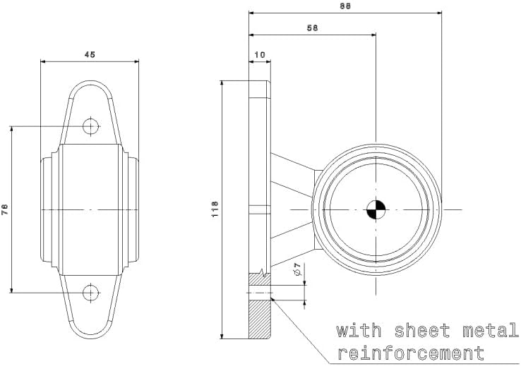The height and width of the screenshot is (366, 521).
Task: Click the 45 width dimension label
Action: [90, 54]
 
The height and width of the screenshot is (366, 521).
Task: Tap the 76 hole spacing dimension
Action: [5, 209]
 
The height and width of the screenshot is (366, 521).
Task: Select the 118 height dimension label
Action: [215, 209]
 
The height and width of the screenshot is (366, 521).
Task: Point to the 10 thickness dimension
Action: [260, 54]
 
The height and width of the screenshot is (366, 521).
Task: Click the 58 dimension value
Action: [312, 28]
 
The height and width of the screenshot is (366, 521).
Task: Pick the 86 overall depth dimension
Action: [345, 6]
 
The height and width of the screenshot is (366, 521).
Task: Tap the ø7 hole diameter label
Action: [298, 269]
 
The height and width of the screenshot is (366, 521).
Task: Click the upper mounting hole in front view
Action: [91, 126]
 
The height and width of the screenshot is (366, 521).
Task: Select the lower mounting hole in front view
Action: [91, 293]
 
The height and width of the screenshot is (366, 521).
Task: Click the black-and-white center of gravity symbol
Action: [376, 209]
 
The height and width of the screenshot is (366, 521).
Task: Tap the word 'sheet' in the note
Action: [422, 331]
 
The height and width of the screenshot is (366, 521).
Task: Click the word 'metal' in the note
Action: [491, 331]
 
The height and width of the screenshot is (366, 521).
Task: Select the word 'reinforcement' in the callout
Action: [411, 353]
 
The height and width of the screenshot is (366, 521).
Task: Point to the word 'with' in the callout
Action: [359, 331]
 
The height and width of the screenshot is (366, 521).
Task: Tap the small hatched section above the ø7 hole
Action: [260, 279]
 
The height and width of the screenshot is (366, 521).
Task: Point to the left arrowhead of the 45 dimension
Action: [43, 61]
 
